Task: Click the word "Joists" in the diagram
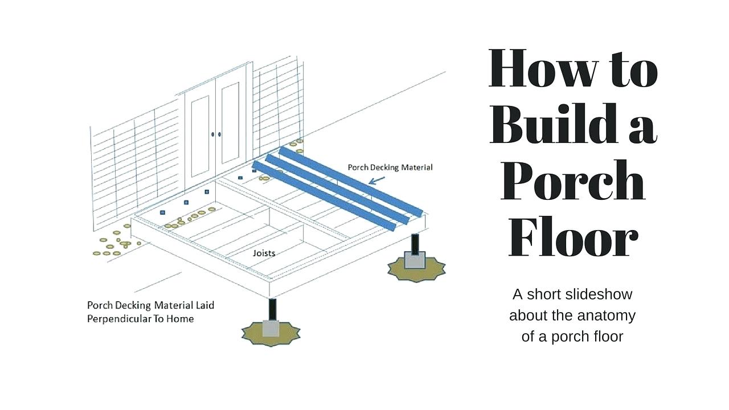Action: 264,253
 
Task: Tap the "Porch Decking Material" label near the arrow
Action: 390,167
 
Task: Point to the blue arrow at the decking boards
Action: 376,181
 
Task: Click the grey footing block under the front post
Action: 271,329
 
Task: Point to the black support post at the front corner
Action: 272,310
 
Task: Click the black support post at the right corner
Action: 415,244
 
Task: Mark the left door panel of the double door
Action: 200,137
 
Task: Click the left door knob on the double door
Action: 213,134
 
